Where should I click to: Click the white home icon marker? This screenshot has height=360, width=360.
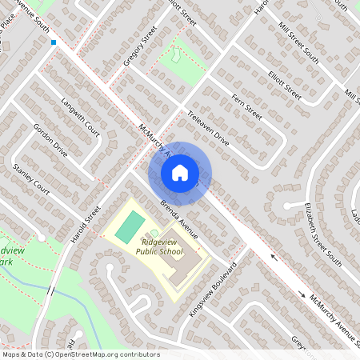[180, 172]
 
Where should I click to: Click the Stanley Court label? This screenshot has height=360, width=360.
[31, 181]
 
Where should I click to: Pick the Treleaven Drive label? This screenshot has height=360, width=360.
[206, 130]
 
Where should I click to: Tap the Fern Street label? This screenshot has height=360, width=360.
[246, 106]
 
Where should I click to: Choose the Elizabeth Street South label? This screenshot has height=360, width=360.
[322, 234]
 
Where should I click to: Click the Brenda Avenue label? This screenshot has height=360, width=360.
[178, 217]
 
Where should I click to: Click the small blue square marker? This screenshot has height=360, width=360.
[54, 42]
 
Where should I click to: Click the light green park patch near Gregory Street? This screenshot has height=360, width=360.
[175, 57]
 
